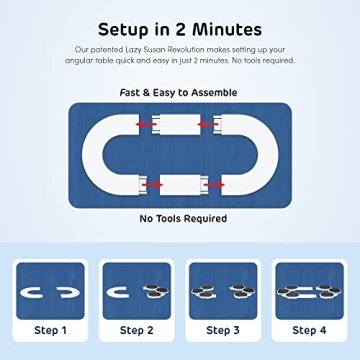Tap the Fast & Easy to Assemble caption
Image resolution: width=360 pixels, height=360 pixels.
point(179,92)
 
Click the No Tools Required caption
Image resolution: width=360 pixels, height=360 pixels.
point(180,218)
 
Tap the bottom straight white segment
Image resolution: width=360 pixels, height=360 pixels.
point(180,185)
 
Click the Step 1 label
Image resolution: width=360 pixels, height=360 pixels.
point(50,330)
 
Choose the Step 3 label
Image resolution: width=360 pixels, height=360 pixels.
point(223,330)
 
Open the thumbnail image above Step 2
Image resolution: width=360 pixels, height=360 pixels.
point(136,291)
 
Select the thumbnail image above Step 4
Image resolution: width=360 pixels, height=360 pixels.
point(309,291)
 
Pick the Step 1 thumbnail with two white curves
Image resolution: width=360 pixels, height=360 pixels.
point(50,291)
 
